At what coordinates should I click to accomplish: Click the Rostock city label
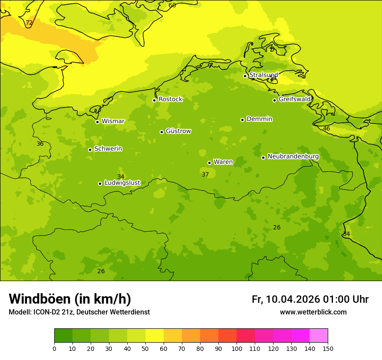pos(170,99)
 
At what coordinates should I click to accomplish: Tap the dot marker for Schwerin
pos(90,150)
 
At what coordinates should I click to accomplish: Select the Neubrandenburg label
pos(293,157)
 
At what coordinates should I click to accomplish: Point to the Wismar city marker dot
pos(97,122)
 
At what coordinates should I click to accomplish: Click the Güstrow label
pos(178,131)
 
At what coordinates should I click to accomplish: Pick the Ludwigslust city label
pos(122,183)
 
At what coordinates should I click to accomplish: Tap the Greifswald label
pos(294,99)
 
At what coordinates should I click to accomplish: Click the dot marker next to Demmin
pos(242,120)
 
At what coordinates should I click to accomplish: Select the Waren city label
pos(223,162)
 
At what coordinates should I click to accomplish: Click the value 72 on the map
pos(29,23)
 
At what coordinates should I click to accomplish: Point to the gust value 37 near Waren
pos(205,174)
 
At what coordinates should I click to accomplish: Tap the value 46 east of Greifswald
pos(326,128)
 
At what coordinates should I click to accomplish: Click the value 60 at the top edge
pos(172,5)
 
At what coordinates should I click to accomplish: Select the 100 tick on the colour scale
pos(237,348)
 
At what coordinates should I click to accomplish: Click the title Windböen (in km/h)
pos(70,299)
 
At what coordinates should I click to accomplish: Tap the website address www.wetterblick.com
pos(313,312)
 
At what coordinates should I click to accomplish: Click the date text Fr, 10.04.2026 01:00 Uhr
pos(310,299)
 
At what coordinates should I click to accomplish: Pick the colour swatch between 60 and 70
pos(173,336)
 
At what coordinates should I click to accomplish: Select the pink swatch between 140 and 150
pos(319,336)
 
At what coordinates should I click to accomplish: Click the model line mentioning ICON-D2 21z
pos(79,312)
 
